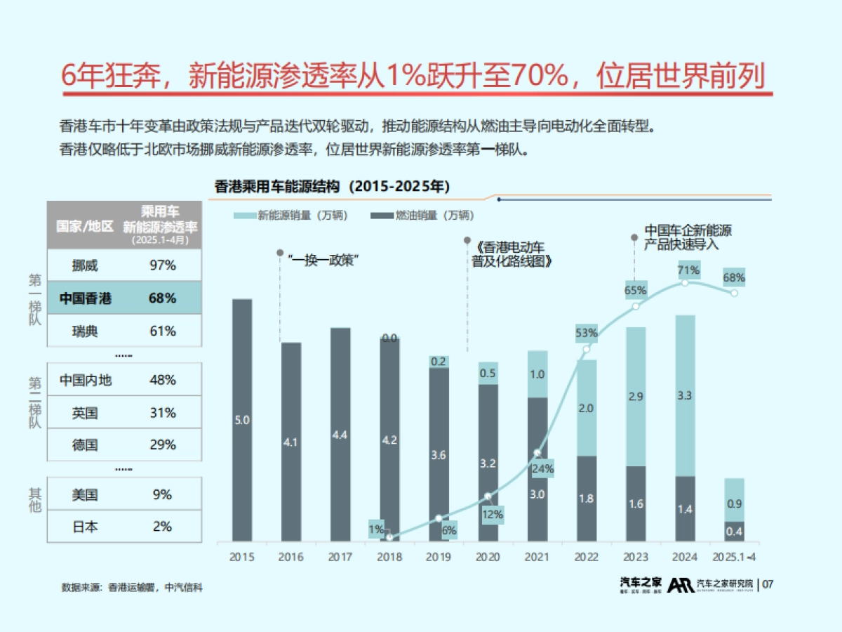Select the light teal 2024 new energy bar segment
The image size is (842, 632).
tap(685, 395)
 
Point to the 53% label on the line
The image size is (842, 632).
tap(586, 332)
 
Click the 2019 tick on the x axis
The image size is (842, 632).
tap(439, 556)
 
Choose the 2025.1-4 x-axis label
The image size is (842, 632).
tap(733, 556)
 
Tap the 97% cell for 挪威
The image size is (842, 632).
tap(162, 265)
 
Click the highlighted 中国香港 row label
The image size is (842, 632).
tap(85, 298)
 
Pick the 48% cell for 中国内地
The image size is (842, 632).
tap(162, 380)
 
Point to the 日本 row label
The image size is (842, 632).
tap(85, 527)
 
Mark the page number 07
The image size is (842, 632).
tap(768, 584)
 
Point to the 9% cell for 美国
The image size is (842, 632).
tap(162, 494)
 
